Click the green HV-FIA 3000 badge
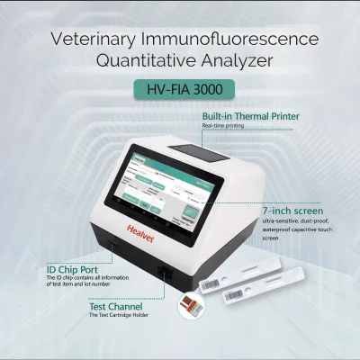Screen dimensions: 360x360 coord(180,90)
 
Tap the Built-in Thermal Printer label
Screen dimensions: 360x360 coord(250,117)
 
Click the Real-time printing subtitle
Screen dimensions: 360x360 coord(221,127)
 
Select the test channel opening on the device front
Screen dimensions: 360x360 coord(162,273)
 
